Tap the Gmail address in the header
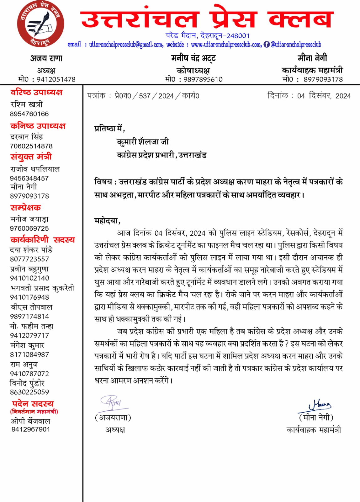126,45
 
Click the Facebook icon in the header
267,45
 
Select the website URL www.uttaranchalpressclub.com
226,45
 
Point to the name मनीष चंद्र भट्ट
193,58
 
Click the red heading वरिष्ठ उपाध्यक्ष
36,92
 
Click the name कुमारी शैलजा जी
143,142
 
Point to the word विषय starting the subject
103,182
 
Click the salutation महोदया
107,221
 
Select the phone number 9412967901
31,429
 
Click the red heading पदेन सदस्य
33,403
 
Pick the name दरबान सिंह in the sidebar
27,137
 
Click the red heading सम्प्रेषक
26,208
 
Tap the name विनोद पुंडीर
27,383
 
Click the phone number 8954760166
29,114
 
